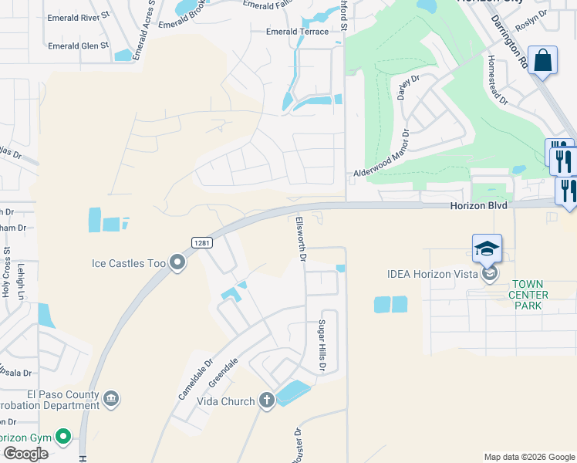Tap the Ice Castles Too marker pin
click(x=177, y=263)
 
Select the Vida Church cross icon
click(x=267, y=400)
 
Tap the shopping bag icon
click(x=543, y=61)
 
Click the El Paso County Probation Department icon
click(x=111, y=398)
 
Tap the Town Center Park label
click(x=529, y=295)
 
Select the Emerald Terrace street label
click(x=296, y=32)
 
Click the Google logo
click(x=25, y=454)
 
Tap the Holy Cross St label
click(x=7, y=272)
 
